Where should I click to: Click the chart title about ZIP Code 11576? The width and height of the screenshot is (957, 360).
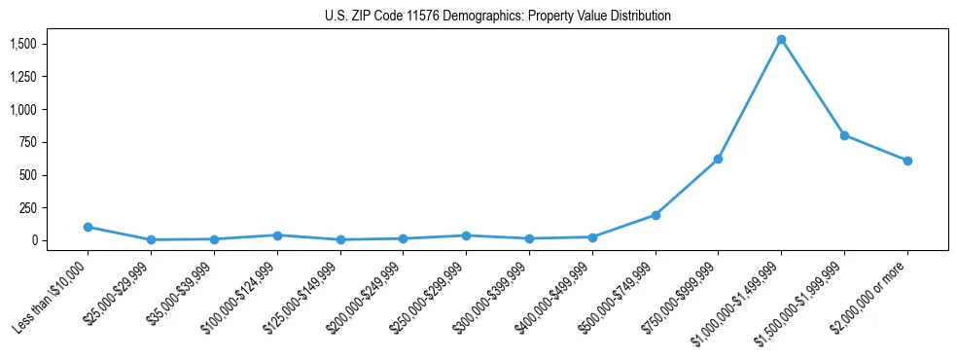point(497,17)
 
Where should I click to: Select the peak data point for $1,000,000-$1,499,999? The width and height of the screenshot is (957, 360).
point(781,40)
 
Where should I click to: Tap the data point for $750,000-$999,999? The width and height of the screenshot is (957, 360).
point(718,159)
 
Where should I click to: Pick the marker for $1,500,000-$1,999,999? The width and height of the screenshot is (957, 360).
point(844,135)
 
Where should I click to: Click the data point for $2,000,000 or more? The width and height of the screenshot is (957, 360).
point(907,161)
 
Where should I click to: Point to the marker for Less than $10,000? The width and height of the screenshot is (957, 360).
point(88,227)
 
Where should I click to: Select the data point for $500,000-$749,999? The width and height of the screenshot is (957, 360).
point(656,215)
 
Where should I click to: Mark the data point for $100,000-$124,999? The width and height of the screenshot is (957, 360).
point(277,235)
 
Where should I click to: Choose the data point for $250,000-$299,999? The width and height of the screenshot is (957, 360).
point(466,235)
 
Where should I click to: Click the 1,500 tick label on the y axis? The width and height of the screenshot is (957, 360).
point(23,45)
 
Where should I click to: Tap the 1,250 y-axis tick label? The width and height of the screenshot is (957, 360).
point(23,77)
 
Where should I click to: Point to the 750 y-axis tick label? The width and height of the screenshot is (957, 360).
point(28,142)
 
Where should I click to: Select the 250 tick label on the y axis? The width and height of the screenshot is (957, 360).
point(28,207)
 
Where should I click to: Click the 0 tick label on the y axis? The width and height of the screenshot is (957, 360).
point(33,240)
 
